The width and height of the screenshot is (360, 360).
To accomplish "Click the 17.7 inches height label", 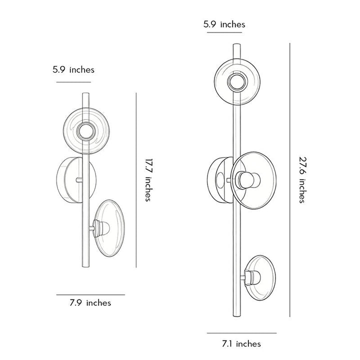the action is point(149,180).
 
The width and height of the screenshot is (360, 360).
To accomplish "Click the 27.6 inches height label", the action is point(303,180).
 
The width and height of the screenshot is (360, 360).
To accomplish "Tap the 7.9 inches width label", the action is point(90,303).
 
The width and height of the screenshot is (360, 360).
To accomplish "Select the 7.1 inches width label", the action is point(241,343).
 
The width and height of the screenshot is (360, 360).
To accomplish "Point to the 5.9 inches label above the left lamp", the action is point(73,69).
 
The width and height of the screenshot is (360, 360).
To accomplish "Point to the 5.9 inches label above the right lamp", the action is point(224,24).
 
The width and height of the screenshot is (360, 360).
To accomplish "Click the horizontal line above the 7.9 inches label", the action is point(90,294).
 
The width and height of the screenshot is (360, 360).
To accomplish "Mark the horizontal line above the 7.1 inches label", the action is point(242,333).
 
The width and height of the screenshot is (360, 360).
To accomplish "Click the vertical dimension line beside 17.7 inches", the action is point(136,180).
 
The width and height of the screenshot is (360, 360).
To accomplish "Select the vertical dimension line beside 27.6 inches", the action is point(289,180).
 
